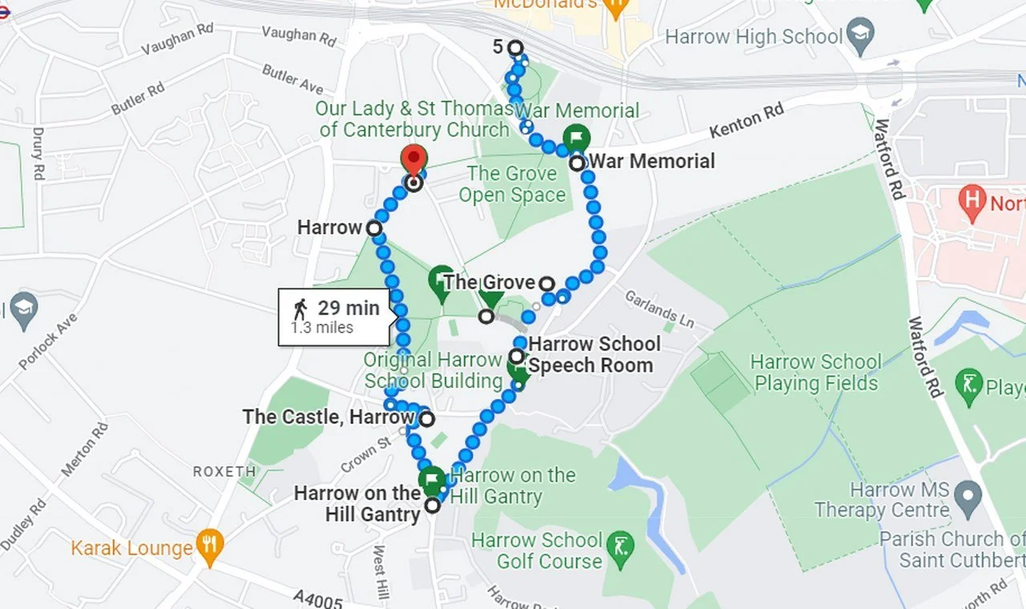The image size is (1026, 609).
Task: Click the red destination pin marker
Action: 414,160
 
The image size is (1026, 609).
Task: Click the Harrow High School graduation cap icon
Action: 861,37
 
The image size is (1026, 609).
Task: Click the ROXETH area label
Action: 224,472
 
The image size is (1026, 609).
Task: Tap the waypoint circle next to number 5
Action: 515,48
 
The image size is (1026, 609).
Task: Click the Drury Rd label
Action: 38,153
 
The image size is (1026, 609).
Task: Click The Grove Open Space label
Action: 511,184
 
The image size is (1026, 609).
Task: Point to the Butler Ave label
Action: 293,79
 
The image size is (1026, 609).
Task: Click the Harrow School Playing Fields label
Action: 816,373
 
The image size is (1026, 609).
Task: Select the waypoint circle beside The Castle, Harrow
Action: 426,418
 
